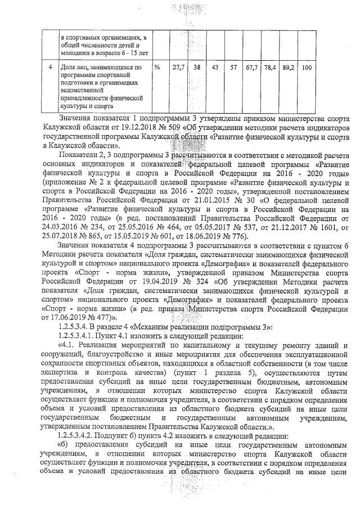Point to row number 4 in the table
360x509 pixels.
click(51, 68)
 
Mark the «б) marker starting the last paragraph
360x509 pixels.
click(63, 445)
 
